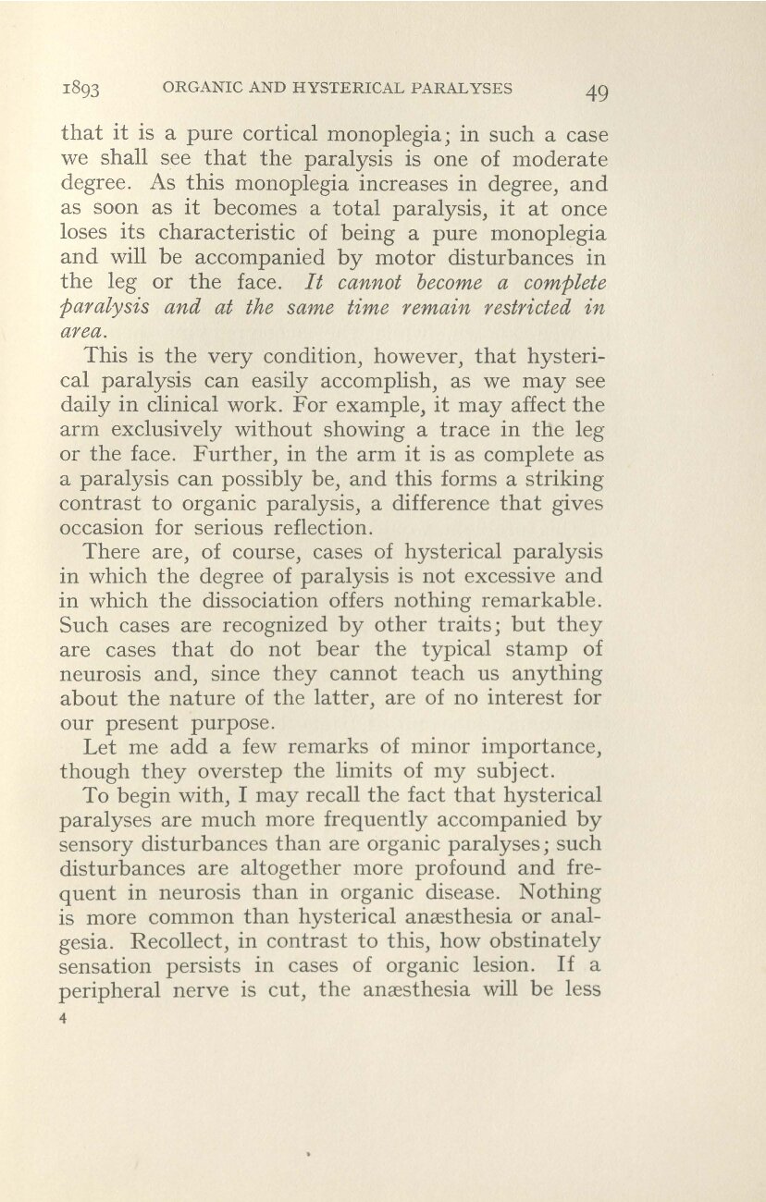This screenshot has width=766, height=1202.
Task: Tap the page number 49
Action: pyautogui.click(x=588, y=92)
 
